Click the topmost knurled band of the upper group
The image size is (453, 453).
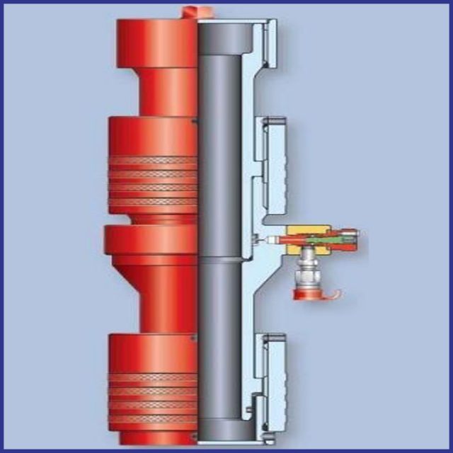[152, 161]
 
